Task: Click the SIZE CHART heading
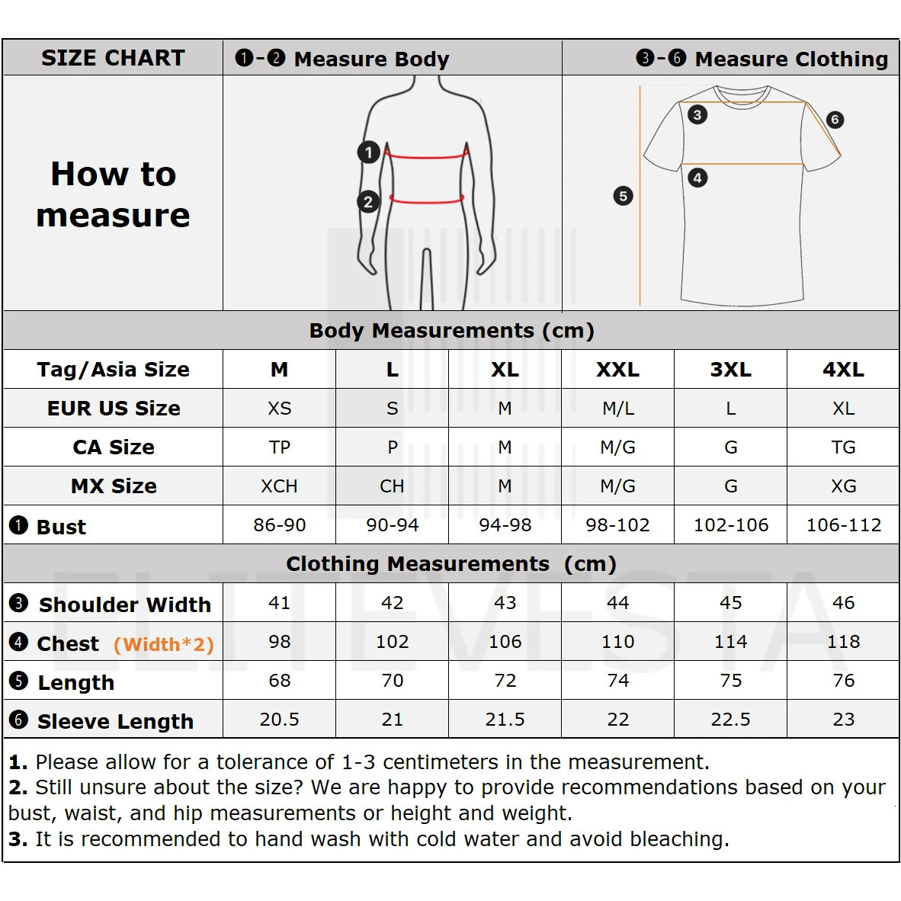(x=113, y=58)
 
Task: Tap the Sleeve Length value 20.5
(x=279, y=720)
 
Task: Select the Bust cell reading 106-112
(x=843, y=525)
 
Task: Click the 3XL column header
(x=730, y=370)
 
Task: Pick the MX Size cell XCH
(x=279, y=486)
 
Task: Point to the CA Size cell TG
(x=843, y=447)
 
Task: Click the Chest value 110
(x=617, y=642)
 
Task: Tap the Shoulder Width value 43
(x=505, y=603)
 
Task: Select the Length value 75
(x=730, y=681)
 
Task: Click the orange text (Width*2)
(x=164, y=645)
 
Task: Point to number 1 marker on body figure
(x=369, y=152)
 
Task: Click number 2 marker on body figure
(x=369, y=202)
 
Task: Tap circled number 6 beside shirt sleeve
(x=835, y=120)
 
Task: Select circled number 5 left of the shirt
(x=623, y=196)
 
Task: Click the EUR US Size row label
(x=114, y=409)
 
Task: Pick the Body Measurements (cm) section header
(x=451, y=331)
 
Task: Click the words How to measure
(x=113, y=194)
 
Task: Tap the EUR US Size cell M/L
(x=617, y=409)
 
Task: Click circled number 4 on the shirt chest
(x=697, y=178)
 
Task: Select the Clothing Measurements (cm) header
(x=451, y=564)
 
